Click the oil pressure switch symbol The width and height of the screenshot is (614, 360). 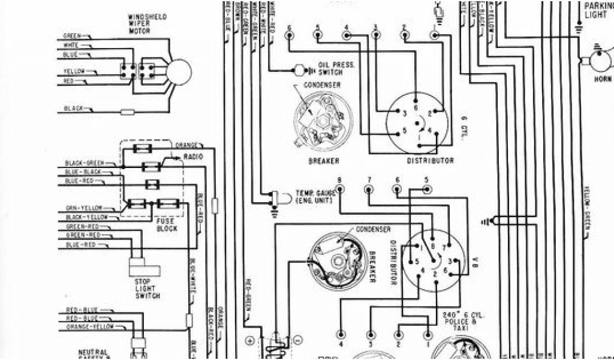click(x=299, y=70)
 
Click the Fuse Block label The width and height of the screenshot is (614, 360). click(x=166, y=225)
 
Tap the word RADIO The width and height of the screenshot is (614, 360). click(x=193, y=157)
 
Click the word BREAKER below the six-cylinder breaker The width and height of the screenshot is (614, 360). click(x=324, y=161)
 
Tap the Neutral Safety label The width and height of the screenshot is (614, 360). click(x=94, y=354)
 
